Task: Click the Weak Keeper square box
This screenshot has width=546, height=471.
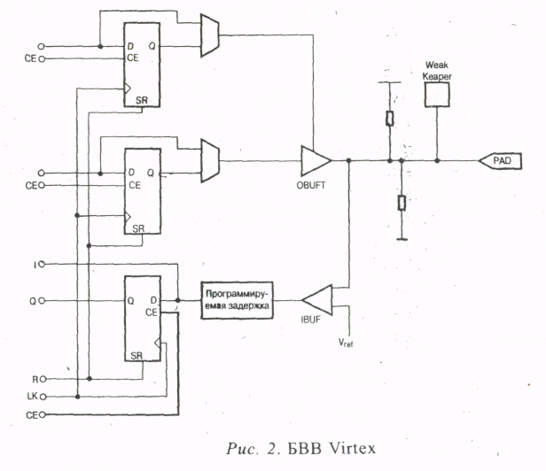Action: pos(438,93)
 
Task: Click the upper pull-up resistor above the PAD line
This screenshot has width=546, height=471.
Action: pos(389,119)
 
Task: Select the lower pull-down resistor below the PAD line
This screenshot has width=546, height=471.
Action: pos(402,203)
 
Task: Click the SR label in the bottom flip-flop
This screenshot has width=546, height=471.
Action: pos(138,356)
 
